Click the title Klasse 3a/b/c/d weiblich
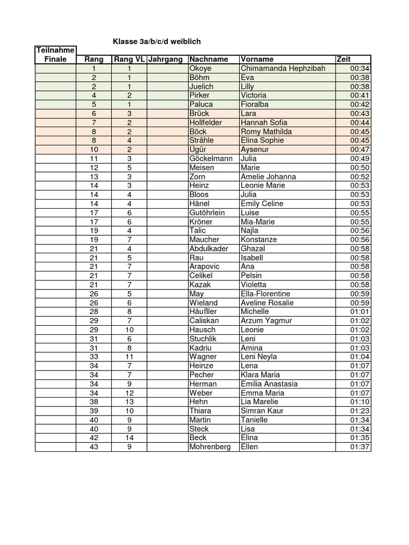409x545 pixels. click(x=157, y=42)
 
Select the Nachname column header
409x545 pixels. click(x=208, y=60)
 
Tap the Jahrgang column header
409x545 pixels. click(x=166, y=60)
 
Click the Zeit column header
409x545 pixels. click(x=343, y=60)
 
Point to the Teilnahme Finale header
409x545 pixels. click(x=55, y=55)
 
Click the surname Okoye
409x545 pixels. click(x=200, y=69)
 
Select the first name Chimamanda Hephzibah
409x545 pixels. click(x=283, y=69)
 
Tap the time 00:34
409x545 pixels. click(x=360, y=69)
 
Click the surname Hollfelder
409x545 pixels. click(x=206, y=122)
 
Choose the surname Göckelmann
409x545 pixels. click(x=211, y=159)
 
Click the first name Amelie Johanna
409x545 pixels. click(x=268, y=177)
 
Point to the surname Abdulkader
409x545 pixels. click(x=209, y=249)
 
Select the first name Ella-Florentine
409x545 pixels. click(x=265, y=294)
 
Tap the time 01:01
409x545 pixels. click(x=360, y=312)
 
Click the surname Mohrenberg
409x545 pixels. click(x=210, y=447)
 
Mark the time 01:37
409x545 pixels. click(x=360, y=447)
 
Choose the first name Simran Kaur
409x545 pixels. click(x=262, y=411)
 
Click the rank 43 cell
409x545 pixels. click(x=94, y=447)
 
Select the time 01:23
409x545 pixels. click(x=360, y=411)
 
